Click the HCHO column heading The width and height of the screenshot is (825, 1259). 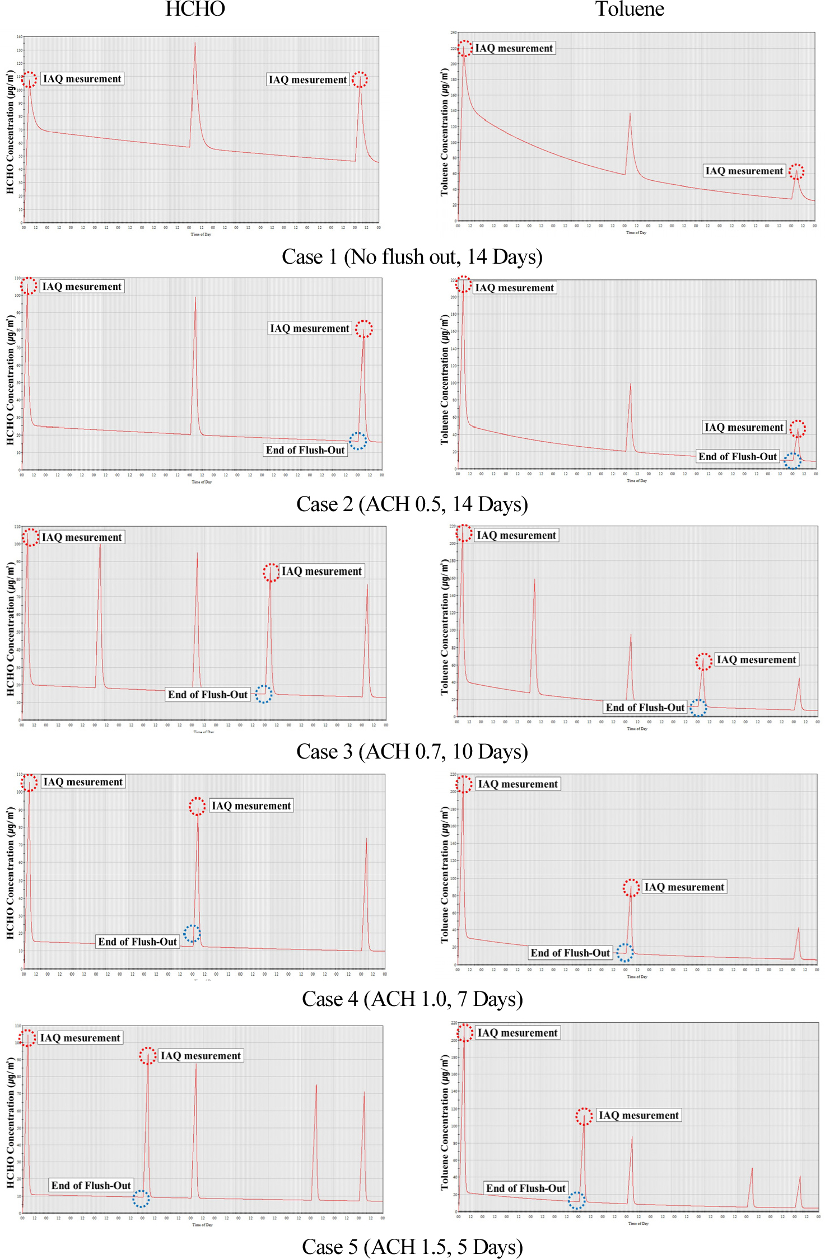(195, 9)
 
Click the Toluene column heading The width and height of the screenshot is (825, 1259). (629, 9)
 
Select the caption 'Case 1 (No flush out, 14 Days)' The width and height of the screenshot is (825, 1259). (412, 257)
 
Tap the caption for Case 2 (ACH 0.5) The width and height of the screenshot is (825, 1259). (412, 504)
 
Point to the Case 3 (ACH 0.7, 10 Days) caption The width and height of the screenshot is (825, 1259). (412, 752)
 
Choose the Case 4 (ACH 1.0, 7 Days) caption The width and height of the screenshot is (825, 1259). (412, 999)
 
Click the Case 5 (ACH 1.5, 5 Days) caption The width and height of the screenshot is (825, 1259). (412, 1247)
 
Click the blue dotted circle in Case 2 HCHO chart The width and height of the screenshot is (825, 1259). (358, 441)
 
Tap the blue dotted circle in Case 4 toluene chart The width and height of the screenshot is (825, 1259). (625, 952)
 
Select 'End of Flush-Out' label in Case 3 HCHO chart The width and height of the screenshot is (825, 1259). (208, 695)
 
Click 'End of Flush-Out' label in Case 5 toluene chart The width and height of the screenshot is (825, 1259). (525, 1188)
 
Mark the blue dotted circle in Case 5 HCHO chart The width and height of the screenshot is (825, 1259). (141, 1199)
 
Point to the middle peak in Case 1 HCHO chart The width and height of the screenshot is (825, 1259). (195, 44)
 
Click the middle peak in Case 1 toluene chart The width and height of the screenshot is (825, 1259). (630, 114)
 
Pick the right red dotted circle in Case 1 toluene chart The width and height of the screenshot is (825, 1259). (796, 171)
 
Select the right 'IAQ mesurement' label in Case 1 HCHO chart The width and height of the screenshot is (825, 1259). (307, 79)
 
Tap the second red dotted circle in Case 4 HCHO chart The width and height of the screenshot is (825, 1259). (197, 806)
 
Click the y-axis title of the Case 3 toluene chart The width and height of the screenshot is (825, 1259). (445, 627)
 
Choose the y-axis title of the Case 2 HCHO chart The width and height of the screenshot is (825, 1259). (10, 380)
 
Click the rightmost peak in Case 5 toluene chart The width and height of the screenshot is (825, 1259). (799, 1177)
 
